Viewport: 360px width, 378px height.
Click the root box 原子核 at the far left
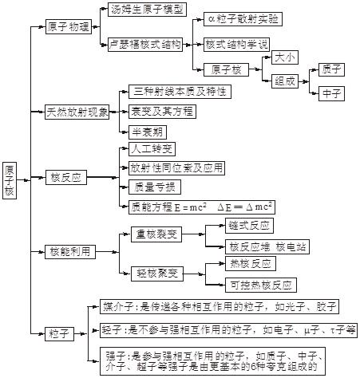10,180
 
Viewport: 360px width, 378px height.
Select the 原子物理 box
69,26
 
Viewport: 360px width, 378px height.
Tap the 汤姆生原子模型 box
147,10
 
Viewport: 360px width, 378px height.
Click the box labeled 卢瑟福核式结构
145,45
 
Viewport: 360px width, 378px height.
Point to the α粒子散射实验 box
243,19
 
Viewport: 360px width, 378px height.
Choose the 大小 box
285,57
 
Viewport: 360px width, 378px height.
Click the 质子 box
331,69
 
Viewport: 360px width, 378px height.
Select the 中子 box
331,93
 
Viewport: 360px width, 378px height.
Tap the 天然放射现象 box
77,112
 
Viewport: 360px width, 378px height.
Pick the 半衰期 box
148,132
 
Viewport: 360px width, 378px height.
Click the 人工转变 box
152,149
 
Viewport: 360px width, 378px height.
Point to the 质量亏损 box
155,187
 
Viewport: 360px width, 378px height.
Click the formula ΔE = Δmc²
245,207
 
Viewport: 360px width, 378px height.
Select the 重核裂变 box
156,234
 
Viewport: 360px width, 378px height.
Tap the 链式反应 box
249,226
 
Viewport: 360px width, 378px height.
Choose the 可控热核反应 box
261,285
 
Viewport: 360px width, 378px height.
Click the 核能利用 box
70,251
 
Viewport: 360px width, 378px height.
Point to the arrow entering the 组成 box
267,81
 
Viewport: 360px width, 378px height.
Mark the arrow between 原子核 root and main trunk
23,180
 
